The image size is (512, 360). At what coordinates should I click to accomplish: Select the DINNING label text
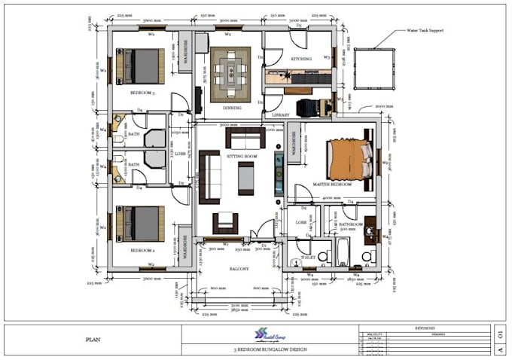point(232,108)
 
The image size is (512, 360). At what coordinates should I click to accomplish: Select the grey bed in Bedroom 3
point(140,66)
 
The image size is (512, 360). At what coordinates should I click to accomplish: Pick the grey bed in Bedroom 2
point(140,224)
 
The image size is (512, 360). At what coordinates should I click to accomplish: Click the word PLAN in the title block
point(94,340)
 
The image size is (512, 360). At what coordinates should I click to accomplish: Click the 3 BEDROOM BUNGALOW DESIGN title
point(269,350)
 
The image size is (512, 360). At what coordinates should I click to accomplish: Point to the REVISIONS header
point(424,328)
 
